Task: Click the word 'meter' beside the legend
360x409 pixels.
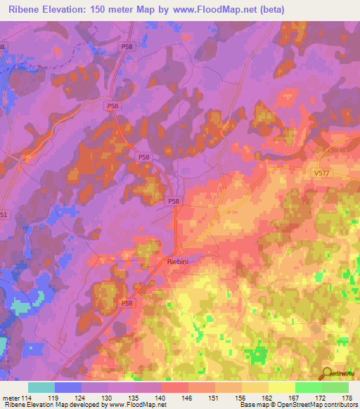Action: [11, 398]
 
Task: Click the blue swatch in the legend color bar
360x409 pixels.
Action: [68, 387]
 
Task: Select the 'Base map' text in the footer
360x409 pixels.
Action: [254, 405]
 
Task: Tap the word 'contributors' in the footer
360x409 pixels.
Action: [338, 405]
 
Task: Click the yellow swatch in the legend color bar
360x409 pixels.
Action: [282, 387]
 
